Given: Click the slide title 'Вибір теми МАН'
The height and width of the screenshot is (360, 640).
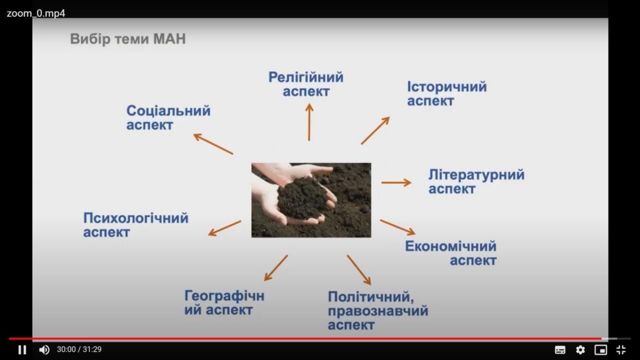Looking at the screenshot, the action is pos(127,39).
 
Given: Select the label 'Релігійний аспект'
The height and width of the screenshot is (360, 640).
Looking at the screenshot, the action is pos(306,84).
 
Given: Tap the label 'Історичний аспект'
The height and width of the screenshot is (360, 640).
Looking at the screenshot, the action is pos(447,94).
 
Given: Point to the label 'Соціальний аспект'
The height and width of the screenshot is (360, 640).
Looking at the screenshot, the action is pos(168,117).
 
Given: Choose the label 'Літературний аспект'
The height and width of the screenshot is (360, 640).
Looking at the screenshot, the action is pos(476,182).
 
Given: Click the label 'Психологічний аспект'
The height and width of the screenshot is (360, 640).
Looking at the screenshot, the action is pos(136,225).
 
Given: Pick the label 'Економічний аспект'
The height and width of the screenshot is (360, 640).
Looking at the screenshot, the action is pos(451,253).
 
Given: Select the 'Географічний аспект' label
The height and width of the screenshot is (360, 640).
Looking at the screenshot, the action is pos(224,302).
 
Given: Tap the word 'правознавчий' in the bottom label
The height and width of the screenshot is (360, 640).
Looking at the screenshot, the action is pos(378,311).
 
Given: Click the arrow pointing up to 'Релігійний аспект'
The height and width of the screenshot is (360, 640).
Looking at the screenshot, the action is pos(309,122).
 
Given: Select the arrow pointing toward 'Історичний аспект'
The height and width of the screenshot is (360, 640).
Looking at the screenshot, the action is pos(375,131).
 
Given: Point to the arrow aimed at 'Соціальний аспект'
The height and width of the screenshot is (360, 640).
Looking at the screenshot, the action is pos(213,144).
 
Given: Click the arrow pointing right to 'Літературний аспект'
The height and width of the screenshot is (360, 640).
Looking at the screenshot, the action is pos(396,182).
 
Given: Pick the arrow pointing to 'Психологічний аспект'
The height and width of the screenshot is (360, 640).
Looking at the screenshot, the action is pos(224,228).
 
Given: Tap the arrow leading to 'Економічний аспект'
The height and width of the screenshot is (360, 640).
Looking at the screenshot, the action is pos(398,227).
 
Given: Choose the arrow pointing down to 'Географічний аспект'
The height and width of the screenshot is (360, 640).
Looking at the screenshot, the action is pos(276,268).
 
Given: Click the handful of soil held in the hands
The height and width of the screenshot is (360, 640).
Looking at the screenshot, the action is pos(303,199).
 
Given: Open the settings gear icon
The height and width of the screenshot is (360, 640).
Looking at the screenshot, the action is pos(581,350).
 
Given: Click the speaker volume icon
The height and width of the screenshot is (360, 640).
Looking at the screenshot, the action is pos(44,350).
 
